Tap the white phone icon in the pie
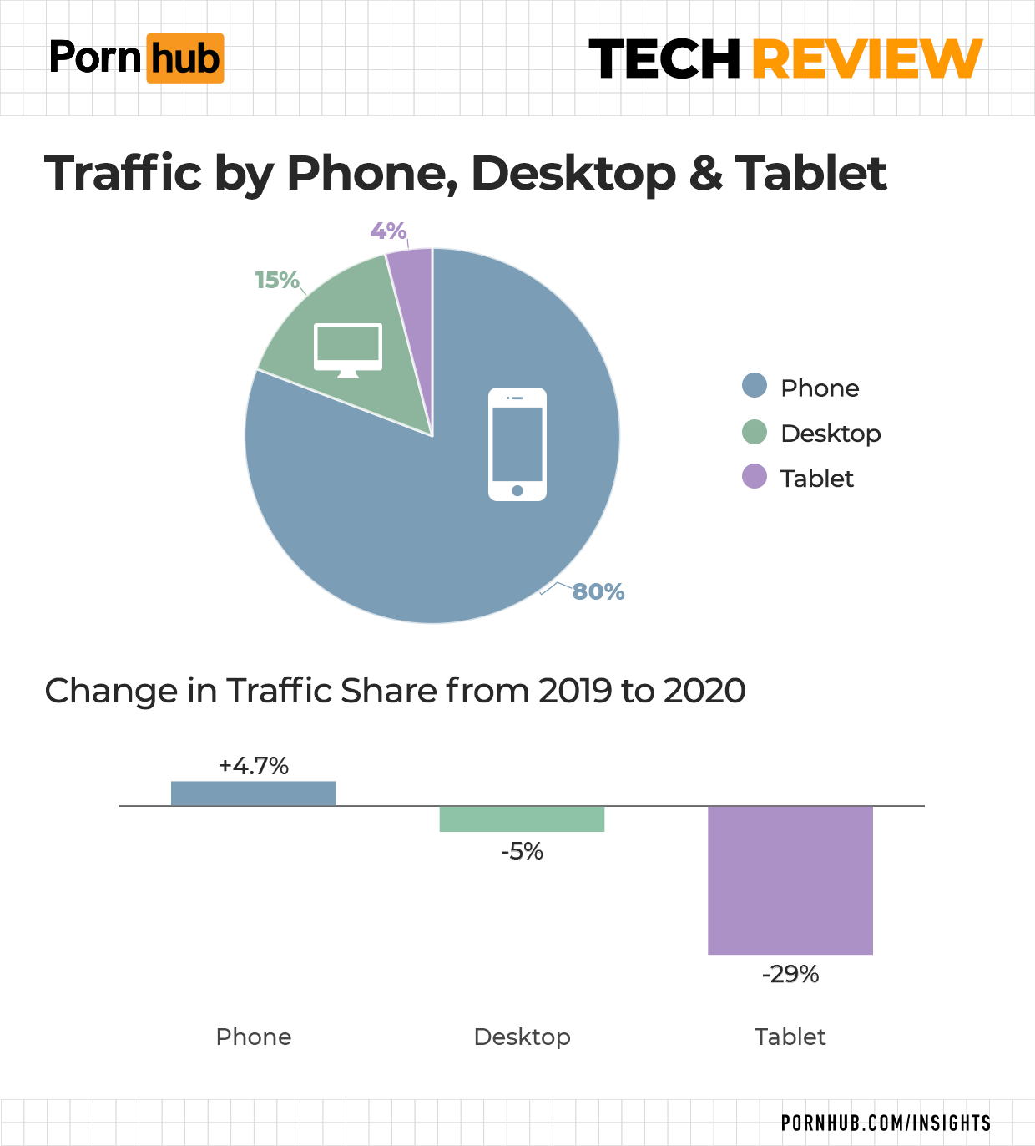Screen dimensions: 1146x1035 (517, 444)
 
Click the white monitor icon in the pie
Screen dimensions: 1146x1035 (348, 350)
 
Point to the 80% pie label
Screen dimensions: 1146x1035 (598, 591)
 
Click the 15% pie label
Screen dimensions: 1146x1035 (276, 280)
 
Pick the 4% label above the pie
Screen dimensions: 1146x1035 (388, 231)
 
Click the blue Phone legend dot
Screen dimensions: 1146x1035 (755, 386)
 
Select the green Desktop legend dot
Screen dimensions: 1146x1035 (755, 432)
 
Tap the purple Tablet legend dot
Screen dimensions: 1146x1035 (755, 477)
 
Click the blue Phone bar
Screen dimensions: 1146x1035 (254, 794)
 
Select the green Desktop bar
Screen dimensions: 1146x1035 (522, 819)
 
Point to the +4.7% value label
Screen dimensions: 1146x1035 (254, 766)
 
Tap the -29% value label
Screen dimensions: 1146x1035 (790, 974)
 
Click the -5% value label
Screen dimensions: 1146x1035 (522, 851)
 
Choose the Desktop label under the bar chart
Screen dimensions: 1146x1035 (522, 1037)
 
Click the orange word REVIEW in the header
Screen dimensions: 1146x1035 (867, 58)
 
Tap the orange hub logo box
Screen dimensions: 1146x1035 (185, 58)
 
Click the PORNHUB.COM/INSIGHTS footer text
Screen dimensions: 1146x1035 (886, 1123)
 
